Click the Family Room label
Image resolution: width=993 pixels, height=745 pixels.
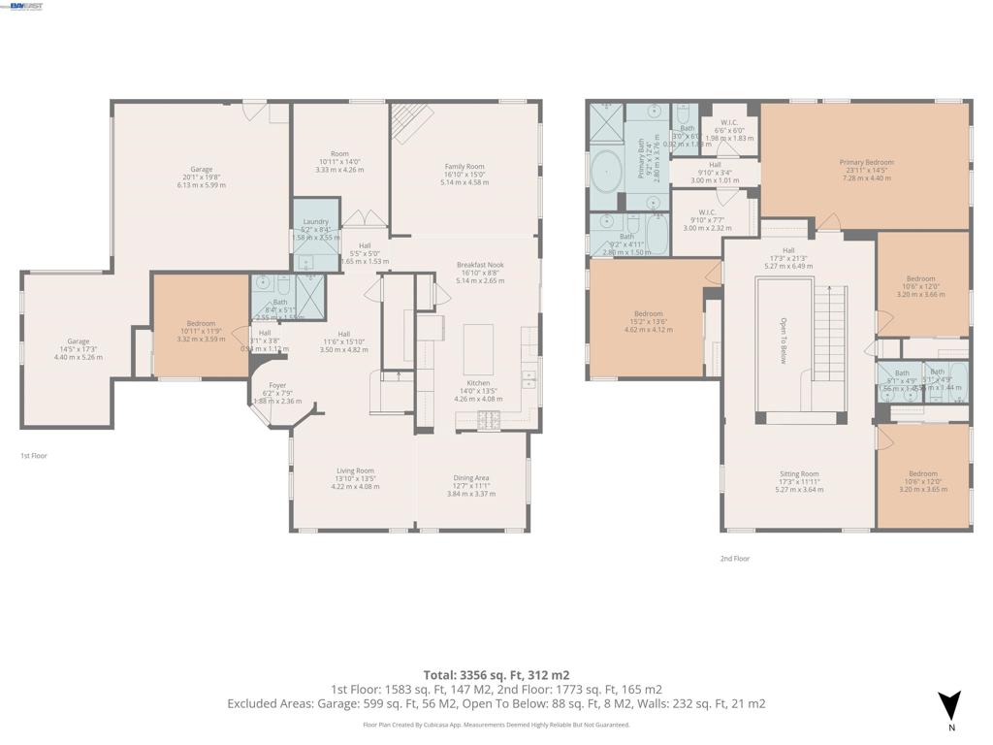coord(464,166)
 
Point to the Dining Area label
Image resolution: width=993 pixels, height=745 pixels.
coord(471,477)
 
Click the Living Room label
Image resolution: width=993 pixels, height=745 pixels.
coord(355,471)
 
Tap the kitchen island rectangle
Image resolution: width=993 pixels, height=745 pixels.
coord(478,348)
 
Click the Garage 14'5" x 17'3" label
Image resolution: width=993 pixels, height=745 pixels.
coord(78,341)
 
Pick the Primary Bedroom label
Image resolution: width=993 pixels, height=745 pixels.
coord(866,163)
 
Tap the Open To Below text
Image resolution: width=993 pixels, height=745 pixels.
coord(784,341)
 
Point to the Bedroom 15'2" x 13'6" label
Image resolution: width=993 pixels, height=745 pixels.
coord(648,313)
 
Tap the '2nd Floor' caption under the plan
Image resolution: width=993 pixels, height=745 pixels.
coord(734,559)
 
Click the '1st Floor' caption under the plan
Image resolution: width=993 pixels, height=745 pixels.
coord(34,456)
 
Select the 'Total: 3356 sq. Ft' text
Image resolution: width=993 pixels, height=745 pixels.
coord(467,674)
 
